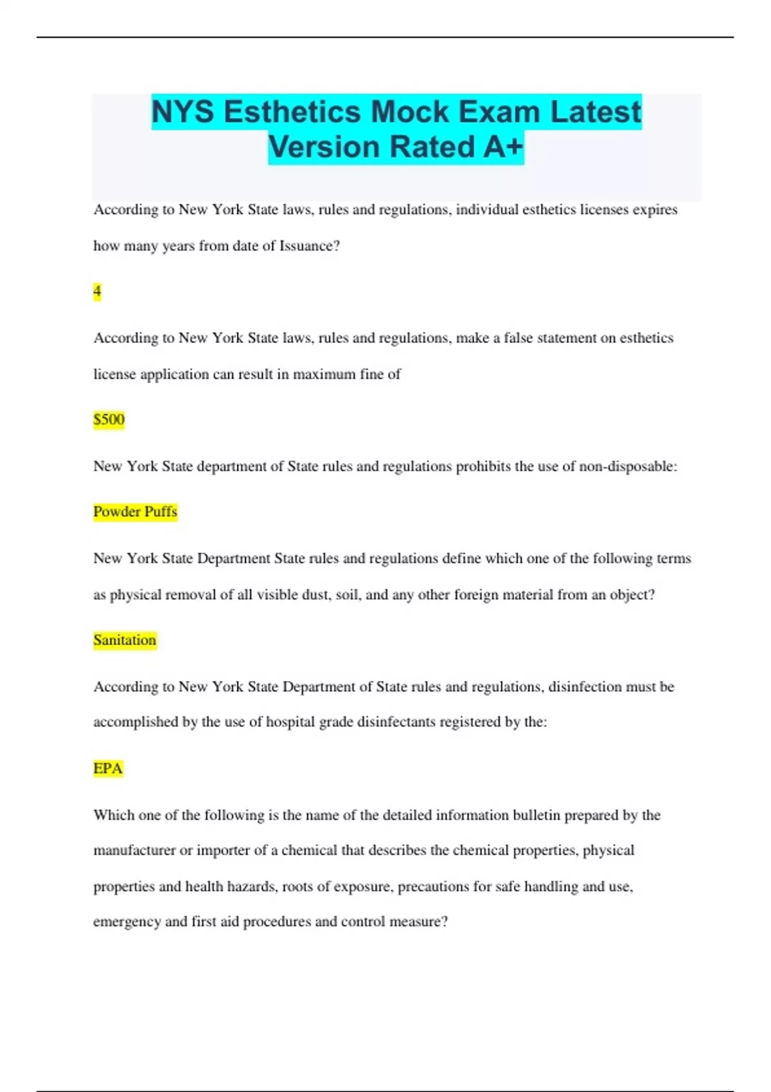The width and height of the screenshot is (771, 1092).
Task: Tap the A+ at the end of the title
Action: point(503,146)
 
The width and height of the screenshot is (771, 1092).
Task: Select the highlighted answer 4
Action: point(97,292)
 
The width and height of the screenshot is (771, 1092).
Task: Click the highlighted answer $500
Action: point(109,419)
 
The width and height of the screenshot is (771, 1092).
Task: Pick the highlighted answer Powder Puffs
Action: point(135,511)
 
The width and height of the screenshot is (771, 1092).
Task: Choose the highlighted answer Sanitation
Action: point(125,640)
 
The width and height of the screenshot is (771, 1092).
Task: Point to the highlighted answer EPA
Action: point(108,768)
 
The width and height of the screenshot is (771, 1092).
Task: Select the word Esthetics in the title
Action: point(292,112)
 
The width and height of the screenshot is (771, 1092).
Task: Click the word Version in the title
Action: point(324,146)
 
